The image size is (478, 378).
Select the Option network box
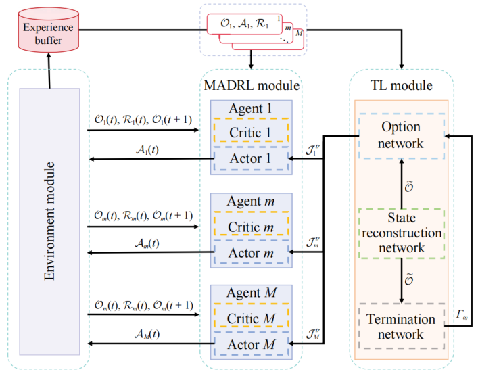[x=401, y=135]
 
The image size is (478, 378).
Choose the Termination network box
[x=401, y=327]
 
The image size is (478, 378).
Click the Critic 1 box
[x=251, y=132]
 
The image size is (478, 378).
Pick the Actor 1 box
[x=251, y=158]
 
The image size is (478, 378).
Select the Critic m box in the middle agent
[x=251, y=225]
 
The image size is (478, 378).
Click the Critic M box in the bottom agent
[x=251, y=317]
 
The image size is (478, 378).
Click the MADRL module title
[x=252, y=86]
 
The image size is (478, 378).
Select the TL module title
[x=402, y=86]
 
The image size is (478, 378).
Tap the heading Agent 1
[x=251, y=108]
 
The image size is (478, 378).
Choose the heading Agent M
[x=251, y=294]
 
